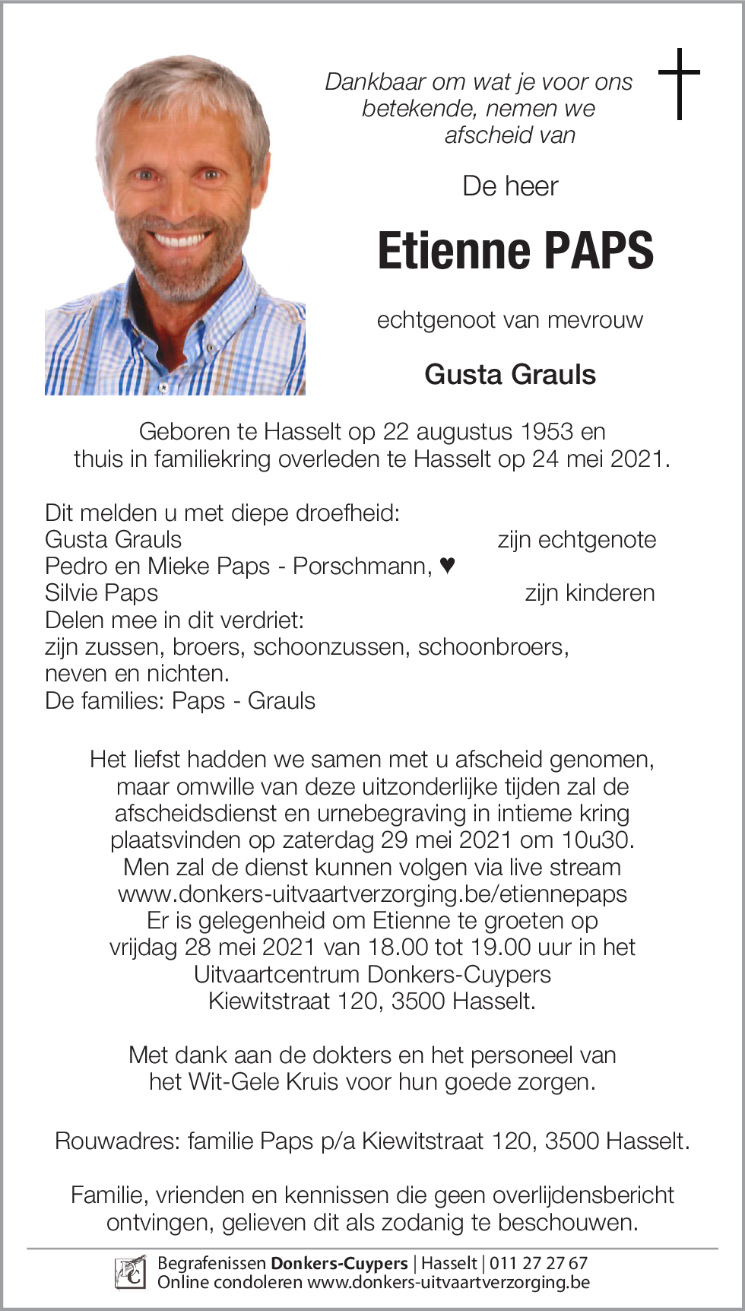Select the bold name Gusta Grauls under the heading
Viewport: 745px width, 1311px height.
click(x=510, y=374)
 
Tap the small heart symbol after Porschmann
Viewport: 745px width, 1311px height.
click(x=448, y=565)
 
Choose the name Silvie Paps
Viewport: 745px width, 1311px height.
click(x=101, y=592)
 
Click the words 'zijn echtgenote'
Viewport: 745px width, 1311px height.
click(x=576, y=539)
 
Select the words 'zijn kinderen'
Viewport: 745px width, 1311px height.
click(x=589, y=592)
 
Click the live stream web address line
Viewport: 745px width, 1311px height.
click(x=372, y=894)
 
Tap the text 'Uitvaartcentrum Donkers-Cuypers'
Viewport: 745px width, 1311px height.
click(x=372, y=974)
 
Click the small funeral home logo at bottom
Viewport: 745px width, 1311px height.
click(x=130, y=1272)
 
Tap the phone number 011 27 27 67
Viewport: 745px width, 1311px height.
click(x=538, y=1263)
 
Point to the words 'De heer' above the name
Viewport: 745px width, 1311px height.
click(x=510, y=186)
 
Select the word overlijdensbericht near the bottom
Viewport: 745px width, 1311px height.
click(x=583, y=1195)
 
